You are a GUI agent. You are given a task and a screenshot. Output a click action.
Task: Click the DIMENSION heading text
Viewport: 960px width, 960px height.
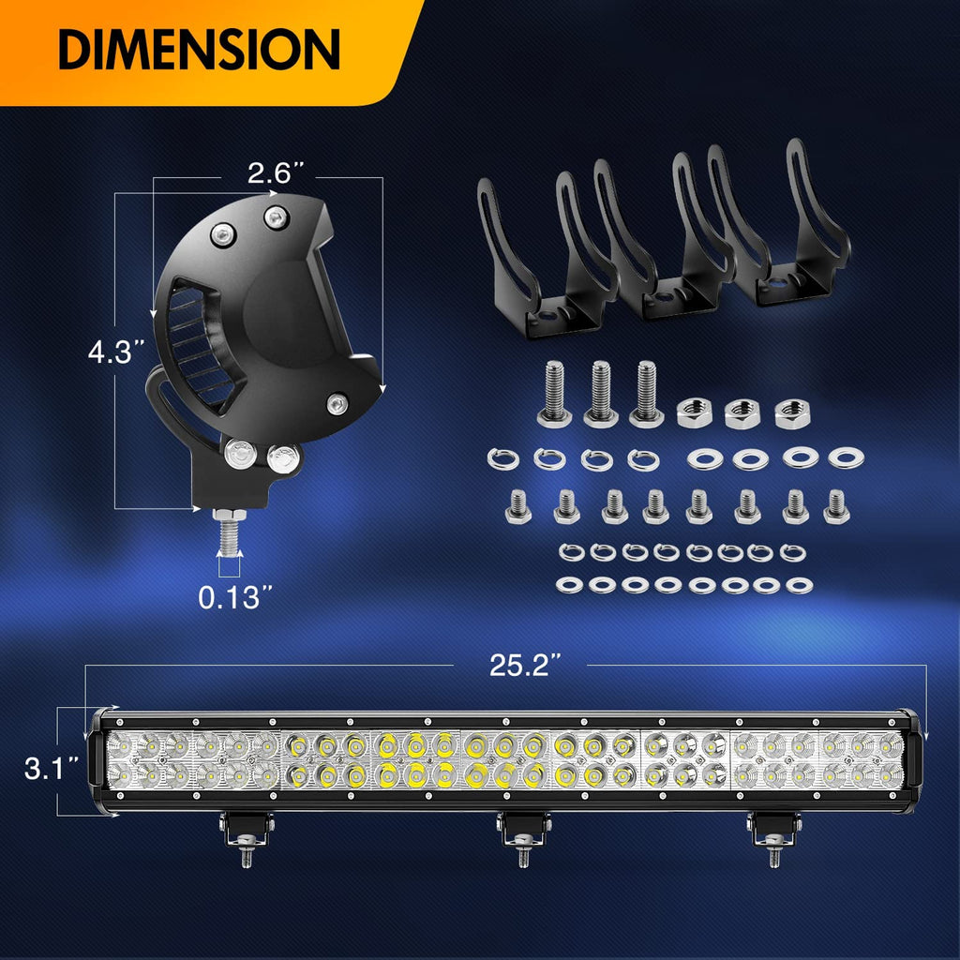coord(199,49)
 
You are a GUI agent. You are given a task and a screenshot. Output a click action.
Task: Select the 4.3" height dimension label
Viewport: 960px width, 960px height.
coord(115,353)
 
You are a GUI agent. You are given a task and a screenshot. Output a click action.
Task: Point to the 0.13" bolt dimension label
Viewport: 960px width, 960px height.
coord(230,597)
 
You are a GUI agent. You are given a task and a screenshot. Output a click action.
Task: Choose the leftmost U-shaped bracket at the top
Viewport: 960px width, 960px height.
coord(544,253)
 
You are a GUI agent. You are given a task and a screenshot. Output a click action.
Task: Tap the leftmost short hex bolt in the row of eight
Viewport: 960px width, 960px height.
coord(517,506)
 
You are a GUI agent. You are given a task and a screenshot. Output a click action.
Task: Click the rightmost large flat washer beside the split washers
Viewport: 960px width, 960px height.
coord(847,457)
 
